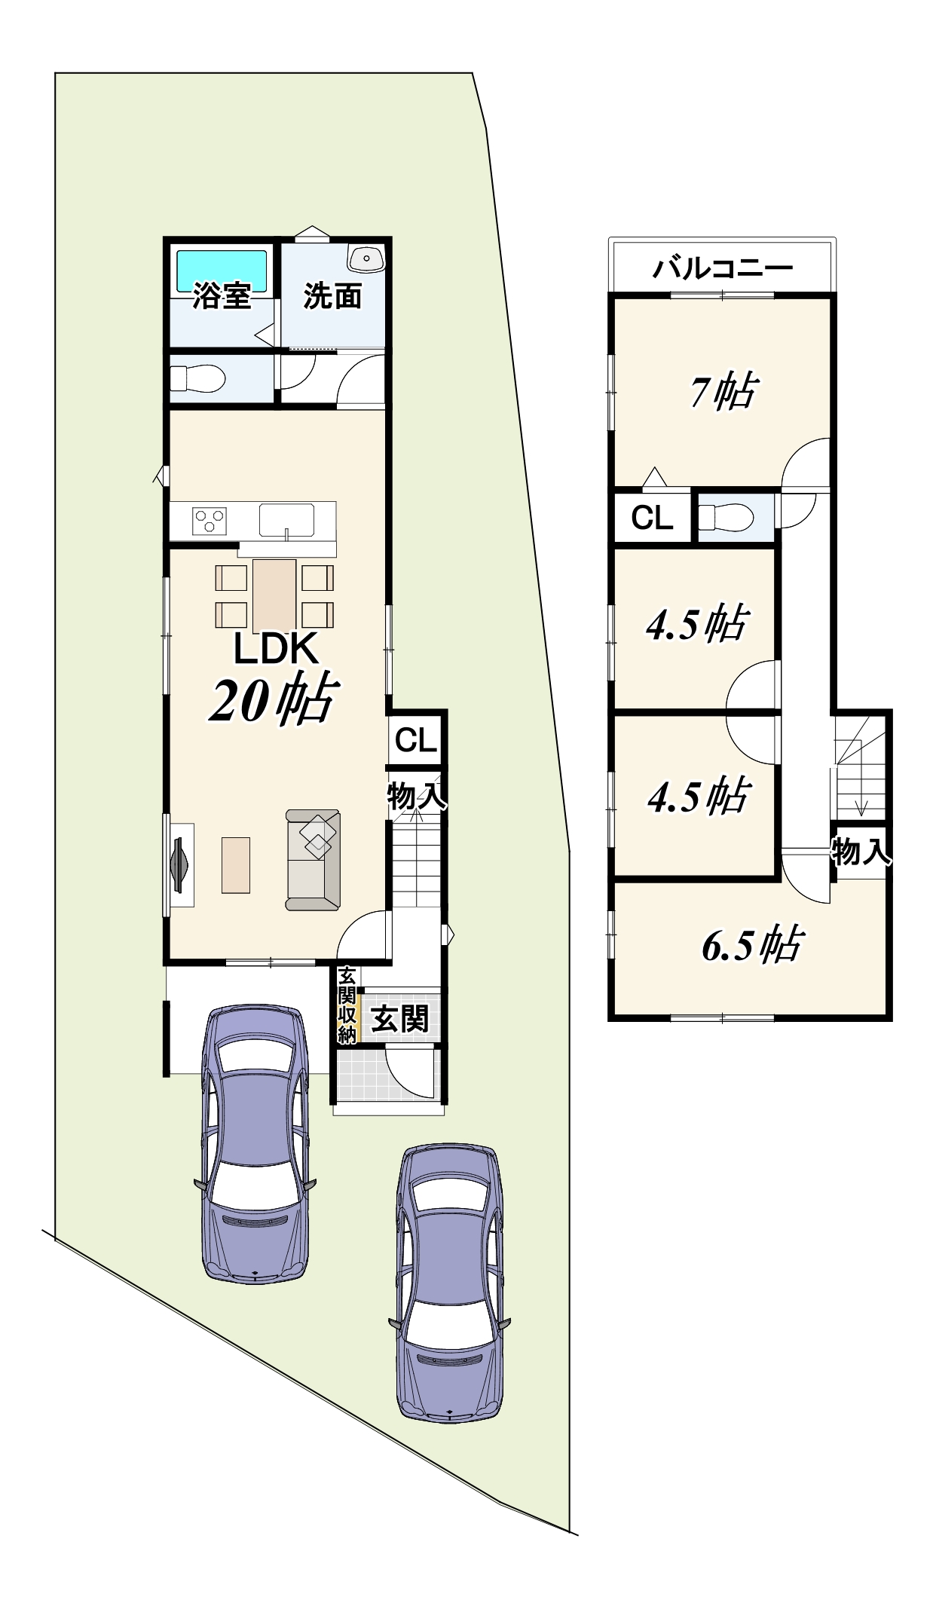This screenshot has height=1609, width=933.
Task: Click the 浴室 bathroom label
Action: (x=222, y=296)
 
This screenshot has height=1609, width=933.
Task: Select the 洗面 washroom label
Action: (x=332, y=296)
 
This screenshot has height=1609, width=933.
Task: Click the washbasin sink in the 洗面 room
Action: (x=366, y=258)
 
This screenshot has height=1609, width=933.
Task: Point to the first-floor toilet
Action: (x=197, y=378)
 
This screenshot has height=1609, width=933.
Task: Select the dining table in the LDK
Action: (x=274, y=595)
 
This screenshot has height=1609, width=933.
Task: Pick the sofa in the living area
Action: (x=313, y=860)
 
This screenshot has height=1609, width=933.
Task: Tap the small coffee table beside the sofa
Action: (x=236, y=864)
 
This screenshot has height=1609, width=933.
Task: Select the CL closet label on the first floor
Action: (x=416, y=740)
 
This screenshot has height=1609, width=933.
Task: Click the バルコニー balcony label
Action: (x=722, y=268)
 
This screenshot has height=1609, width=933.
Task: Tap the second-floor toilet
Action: (x=725, y=518)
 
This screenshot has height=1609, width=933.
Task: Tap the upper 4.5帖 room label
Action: (x=697, y=624)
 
